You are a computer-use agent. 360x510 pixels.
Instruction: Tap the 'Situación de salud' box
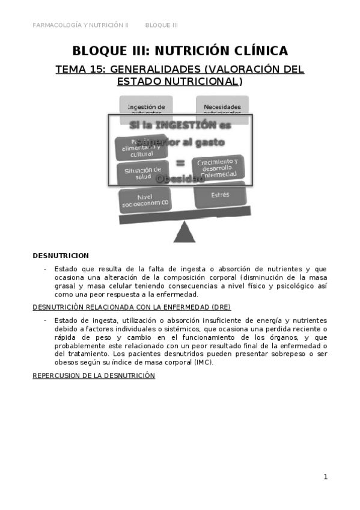(x=139, y=173)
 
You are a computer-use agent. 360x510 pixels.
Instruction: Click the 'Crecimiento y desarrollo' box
(x=218, y=165)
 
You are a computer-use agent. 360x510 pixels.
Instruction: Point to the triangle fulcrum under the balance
(x=185, y=232)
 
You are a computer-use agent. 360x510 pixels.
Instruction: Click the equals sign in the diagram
(x=180, y=163)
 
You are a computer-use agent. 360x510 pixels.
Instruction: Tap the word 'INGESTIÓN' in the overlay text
(x=188, y=125)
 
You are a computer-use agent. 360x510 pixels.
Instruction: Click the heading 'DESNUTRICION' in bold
(x=61, y=256)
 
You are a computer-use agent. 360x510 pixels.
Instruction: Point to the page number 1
(x=325, y=477)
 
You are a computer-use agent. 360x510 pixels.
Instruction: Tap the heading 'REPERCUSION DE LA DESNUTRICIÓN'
(x=94, y=375)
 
